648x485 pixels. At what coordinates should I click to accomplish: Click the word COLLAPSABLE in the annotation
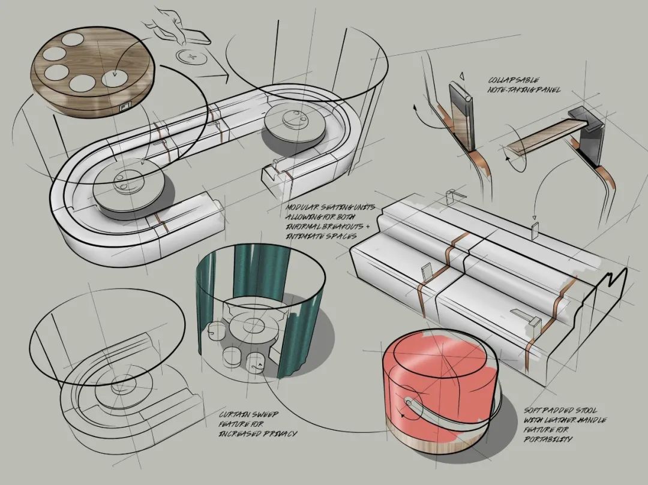(514, 80)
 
